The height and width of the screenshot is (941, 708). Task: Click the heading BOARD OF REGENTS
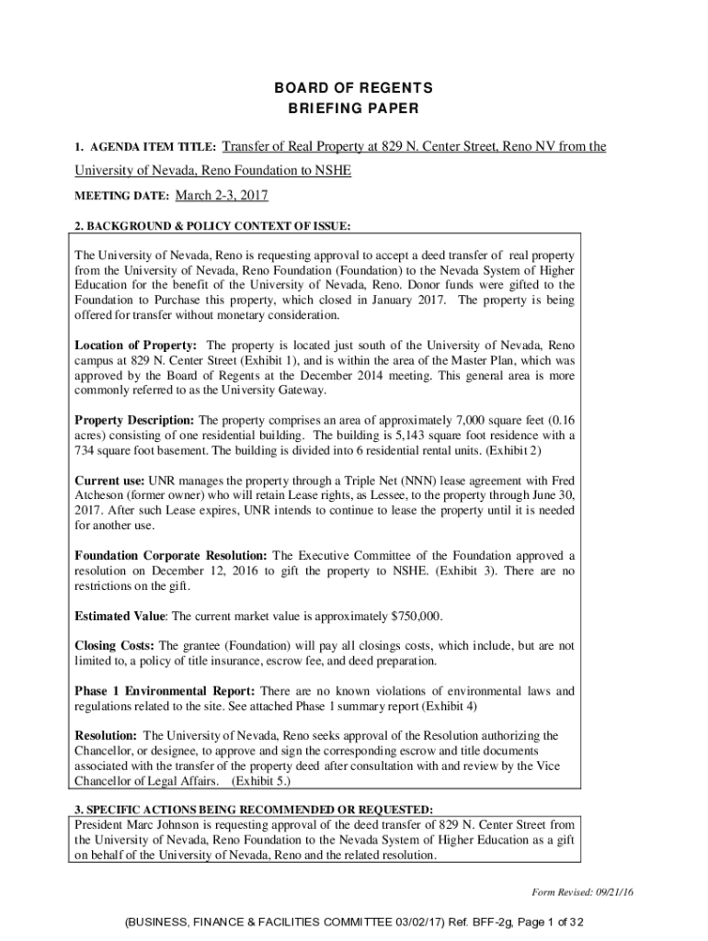click(x=354, y=88)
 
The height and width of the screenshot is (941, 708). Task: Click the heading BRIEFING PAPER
click(x=354, y=109)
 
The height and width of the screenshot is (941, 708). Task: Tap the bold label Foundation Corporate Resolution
click(x=171, y=556)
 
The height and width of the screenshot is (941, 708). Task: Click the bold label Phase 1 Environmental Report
click(x=165, y=691)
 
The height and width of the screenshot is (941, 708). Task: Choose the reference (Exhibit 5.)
click(x=263, y=781)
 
